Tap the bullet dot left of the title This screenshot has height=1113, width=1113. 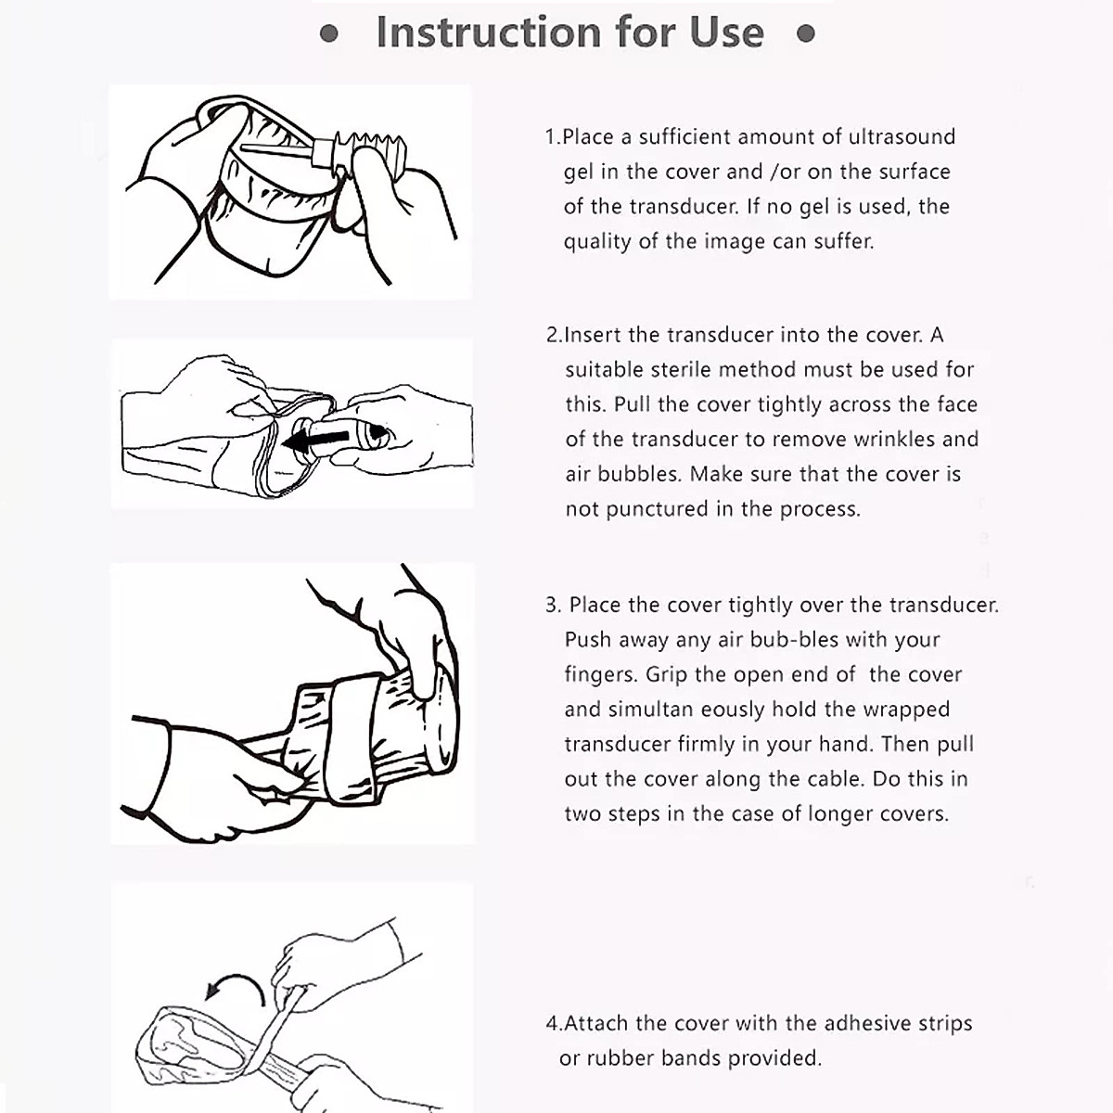pyautogui.click(x=328, y=34)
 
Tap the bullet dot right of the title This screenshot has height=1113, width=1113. pyautogui.click(x=806, y=34)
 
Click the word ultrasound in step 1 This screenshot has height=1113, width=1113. pyautogui.click(x=902, y=137)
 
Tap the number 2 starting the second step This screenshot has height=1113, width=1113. pyautogui.click(x=552, y=336)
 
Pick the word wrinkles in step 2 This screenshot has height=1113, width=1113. pyautogui.click(x=893, y=440)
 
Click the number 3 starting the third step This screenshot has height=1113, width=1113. pyautogui.click(x=552, y=606)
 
